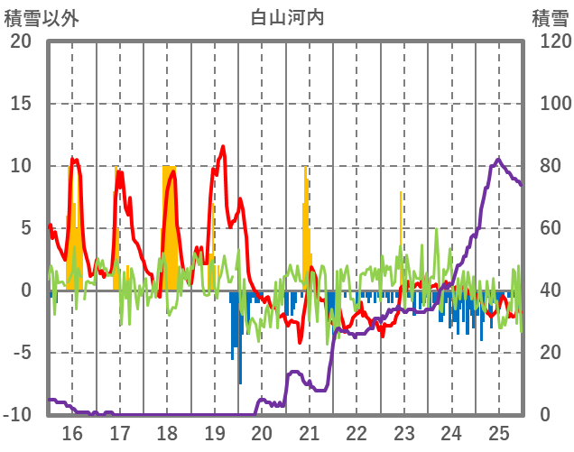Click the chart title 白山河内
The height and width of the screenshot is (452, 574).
[286, 17]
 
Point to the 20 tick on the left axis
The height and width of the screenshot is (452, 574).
[23, 42]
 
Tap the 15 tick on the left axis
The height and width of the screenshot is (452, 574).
[23, 104]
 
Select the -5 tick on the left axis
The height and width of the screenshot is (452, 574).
[23, 353]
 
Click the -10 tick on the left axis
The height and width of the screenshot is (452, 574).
[20, 415]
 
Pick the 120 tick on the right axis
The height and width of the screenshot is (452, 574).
[550, 42]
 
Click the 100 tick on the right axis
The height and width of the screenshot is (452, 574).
[550, 104]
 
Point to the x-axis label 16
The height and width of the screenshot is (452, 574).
[72, 432]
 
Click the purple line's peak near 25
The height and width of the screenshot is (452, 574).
[498, 160]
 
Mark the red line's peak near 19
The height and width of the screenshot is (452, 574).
[223, 147]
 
